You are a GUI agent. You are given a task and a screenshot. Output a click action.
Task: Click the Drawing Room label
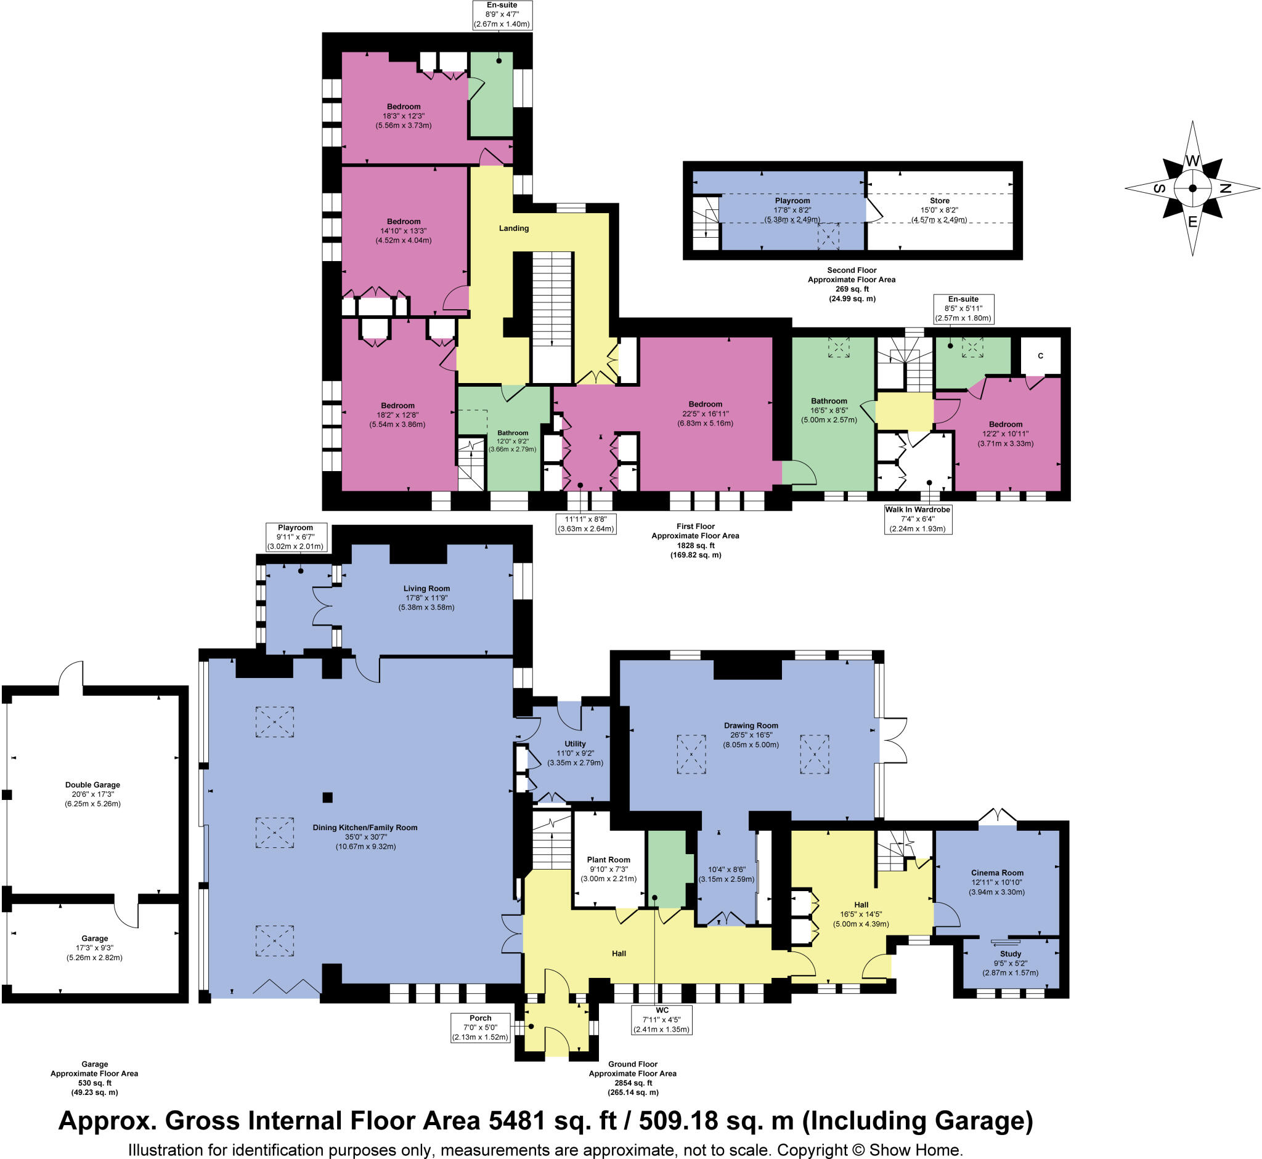tap(751, 725)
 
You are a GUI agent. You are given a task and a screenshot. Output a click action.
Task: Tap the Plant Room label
tap(608, 859)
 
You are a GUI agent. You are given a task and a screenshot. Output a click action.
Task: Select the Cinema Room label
tap(996, 873)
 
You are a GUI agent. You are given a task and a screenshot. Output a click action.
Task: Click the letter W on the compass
tap(1192, 161)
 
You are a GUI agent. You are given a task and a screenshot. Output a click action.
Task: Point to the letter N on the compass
tap(1225, 188)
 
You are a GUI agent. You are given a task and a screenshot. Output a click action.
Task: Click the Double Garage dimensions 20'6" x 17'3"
tap(92, 794)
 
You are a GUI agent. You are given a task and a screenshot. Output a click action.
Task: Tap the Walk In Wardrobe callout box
tap(918, 519)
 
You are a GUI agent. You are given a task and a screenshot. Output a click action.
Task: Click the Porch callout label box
tap(480, 1027)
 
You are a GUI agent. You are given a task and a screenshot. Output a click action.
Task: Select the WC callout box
tap(661, 1020)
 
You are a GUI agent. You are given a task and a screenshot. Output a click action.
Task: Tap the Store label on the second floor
tap(939, 201)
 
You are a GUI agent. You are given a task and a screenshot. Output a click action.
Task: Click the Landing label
tap(513, 228)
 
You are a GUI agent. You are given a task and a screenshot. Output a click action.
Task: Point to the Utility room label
tap(575, 743)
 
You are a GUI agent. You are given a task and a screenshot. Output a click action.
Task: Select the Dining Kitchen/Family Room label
tap(365, 827)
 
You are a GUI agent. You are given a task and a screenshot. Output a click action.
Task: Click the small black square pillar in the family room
tap(327, 797)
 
